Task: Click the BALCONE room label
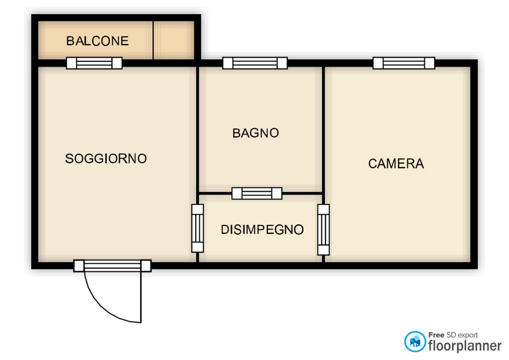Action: (x=98, y=41)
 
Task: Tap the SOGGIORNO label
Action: (x=106, y=159)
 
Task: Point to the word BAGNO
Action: (x=256, y=133)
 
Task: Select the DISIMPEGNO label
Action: (x=262, y=230)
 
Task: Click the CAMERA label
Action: (x=396, y=164)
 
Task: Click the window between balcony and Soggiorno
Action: (x=94, y=63)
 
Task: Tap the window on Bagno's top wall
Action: (x=255, y=63)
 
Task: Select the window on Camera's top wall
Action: (x=404, y=63)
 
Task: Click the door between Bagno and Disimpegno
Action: (x=257, y=194)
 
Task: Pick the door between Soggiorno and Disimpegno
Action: (x=197, y=228)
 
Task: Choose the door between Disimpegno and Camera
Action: (x=323, y=230)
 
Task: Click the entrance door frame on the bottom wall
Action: (x=112, y=266)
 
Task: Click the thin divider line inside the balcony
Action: (x=153, y=40)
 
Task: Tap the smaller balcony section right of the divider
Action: (x=174, y=40)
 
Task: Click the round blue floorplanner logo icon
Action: (x=415, y=341)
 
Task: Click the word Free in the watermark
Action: (x=436, y=335)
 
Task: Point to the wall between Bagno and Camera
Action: (x=323, y=130)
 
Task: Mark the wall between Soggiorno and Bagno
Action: (x=197, y=130)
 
